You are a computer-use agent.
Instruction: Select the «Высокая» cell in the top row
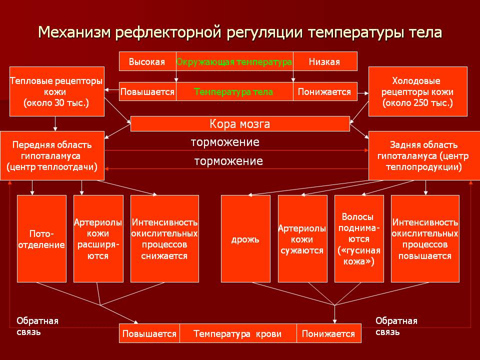(x=147, y=62)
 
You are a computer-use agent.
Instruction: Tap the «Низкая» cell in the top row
(x=324, y=62)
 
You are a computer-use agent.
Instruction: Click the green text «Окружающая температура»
(x=234, y=62)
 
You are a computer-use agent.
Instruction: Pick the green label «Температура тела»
(x=233, y=92)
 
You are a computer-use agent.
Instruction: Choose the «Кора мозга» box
(x=240, y=123)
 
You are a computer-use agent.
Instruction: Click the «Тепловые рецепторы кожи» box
(x=56, y=91)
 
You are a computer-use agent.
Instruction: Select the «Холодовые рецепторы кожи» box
(x=417, y=91)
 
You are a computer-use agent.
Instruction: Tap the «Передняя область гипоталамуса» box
(x=52, y=155)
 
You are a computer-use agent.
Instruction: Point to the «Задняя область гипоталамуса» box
(x=424, y=155)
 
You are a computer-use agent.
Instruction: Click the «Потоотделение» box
(x=41, y=238)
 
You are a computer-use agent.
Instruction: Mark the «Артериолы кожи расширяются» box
(x=98, y=238)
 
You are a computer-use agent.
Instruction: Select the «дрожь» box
(x=245, y=238)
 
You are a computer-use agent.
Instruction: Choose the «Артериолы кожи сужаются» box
(x=302, y=238)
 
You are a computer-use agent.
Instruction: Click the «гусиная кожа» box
(x=358, y=238)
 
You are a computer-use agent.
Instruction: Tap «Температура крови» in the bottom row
(x=237, y=333)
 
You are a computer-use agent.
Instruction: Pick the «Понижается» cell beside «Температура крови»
(x=328, y=333)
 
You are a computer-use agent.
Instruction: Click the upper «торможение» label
(x=225, y=142)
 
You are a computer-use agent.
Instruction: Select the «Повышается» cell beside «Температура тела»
(x=147, y=92)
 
